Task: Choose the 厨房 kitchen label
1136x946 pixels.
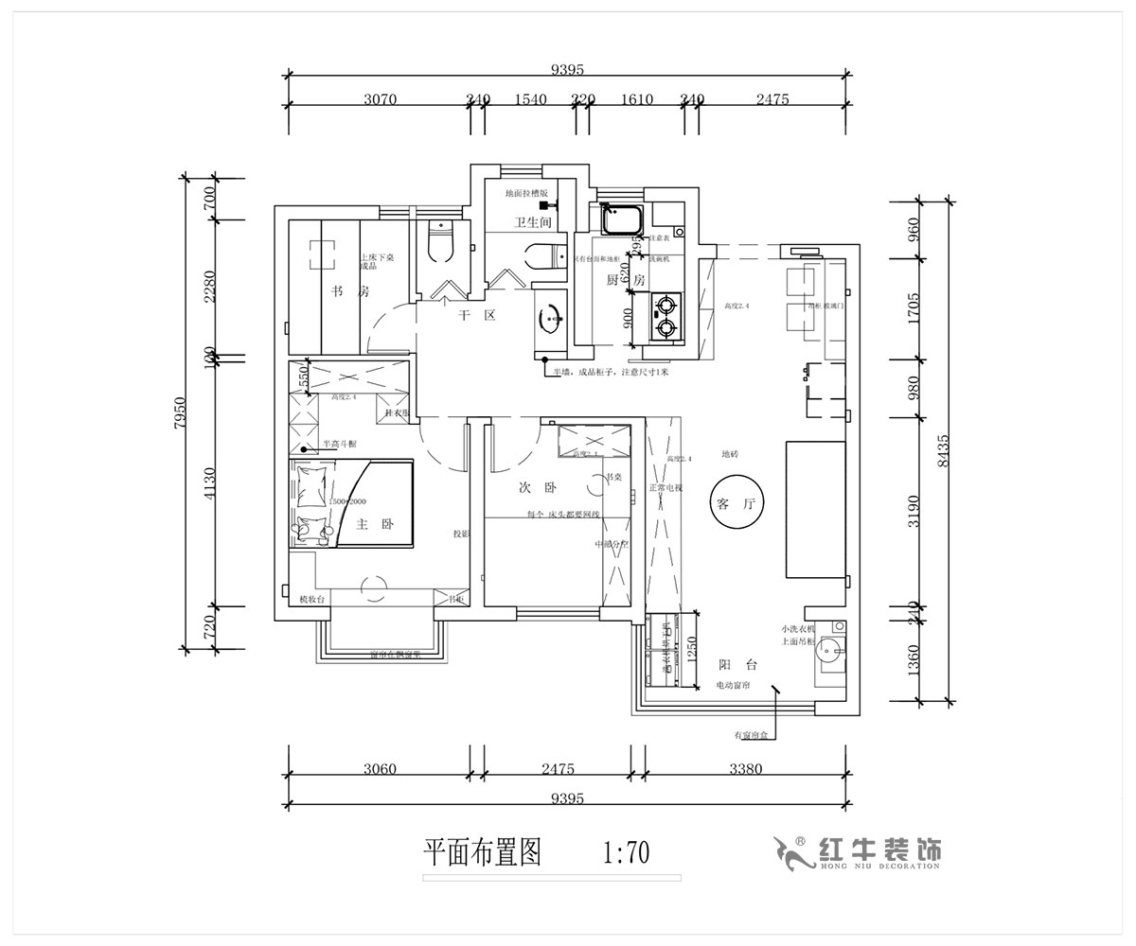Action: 625,280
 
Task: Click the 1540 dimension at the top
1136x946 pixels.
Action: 531,99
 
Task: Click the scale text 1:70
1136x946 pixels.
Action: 625,854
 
